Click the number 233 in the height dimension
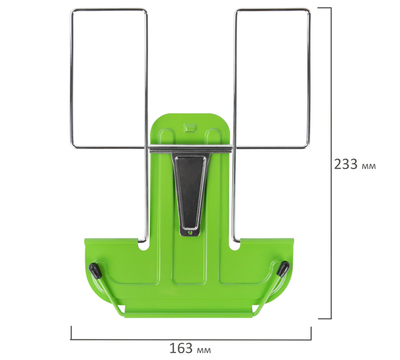click(x=346, y=164)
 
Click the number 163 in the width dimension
click(x=181, y=348)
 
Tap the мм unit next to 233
click(x=369, y=166)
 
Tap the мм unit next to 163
click(x=204, y=350)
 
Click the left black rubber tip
click(x=94, y=270)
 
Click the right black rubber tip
click(x=283, y=269)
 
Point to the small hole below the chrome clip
click(x=190, y=233)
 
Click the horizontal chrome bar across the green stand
click(x=191, y=149)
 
